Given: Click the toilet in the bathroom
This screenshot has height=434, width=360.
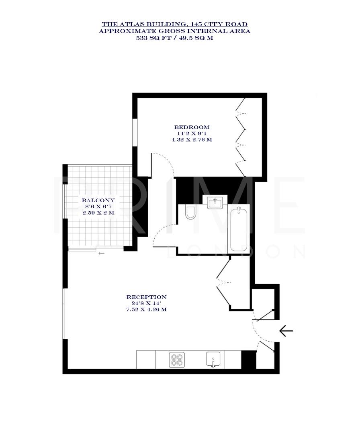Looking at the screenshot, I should point(191,212).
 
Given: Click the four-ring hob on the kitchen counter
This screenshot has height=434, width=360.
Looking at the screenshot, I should point(177,359).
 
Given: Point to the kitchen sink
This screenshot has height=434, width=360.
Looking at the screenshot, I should point(214,359).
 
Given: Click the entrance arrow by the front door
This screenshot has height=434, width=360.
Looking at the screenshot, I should point(286,331).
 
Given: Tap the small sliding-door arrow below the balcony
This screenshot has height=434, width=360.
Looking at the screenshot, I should point(101,254).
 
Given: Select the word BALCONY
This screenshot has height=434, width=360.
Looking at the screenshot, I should point(98,200).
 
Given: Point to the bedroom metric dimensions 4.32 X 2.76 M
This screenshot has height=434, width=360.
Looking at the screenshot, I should point(192,140).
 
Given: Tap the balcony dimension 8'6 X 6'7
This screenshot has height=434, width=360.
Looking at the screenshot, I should point(98,206).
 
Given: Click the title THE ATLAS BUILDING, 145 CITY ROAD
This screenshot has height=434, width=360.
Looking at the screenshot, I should point(174,25).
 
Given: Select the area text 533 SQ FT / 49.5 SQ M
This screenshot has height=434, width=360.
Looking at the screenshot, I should point(174,38).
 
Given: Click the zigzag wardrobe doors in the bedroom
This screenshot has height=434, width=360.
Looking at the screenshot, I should point(241,137).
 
